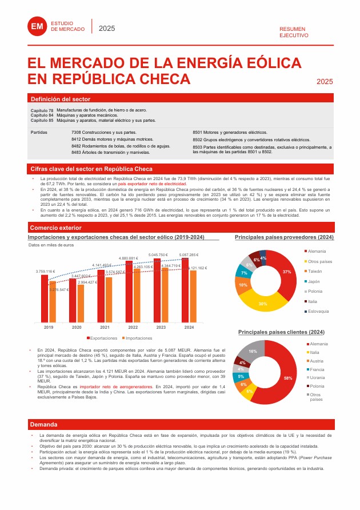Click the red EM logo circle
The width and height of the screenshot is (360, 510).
click(x=37, y=26)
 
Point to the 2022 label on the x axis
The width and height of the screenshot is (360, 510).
click(x=133, y=328)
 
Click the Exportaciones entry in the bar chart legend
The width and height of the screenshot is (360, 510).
click(x=103, y=338)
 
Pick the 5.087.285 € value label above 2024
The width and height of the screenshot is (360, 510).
click(x=188, y=254)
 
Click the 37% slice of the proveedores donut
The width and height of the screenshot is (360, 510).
click(x=287, y=272)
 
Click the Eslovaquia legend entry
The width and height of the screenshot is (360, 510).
click(x=318, y=311)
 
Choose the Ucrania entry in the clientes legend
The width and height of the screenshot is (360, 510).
click(x=317, y=378)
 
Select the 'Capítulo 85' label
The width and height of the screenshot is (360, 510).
click(x=42, y=121)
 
